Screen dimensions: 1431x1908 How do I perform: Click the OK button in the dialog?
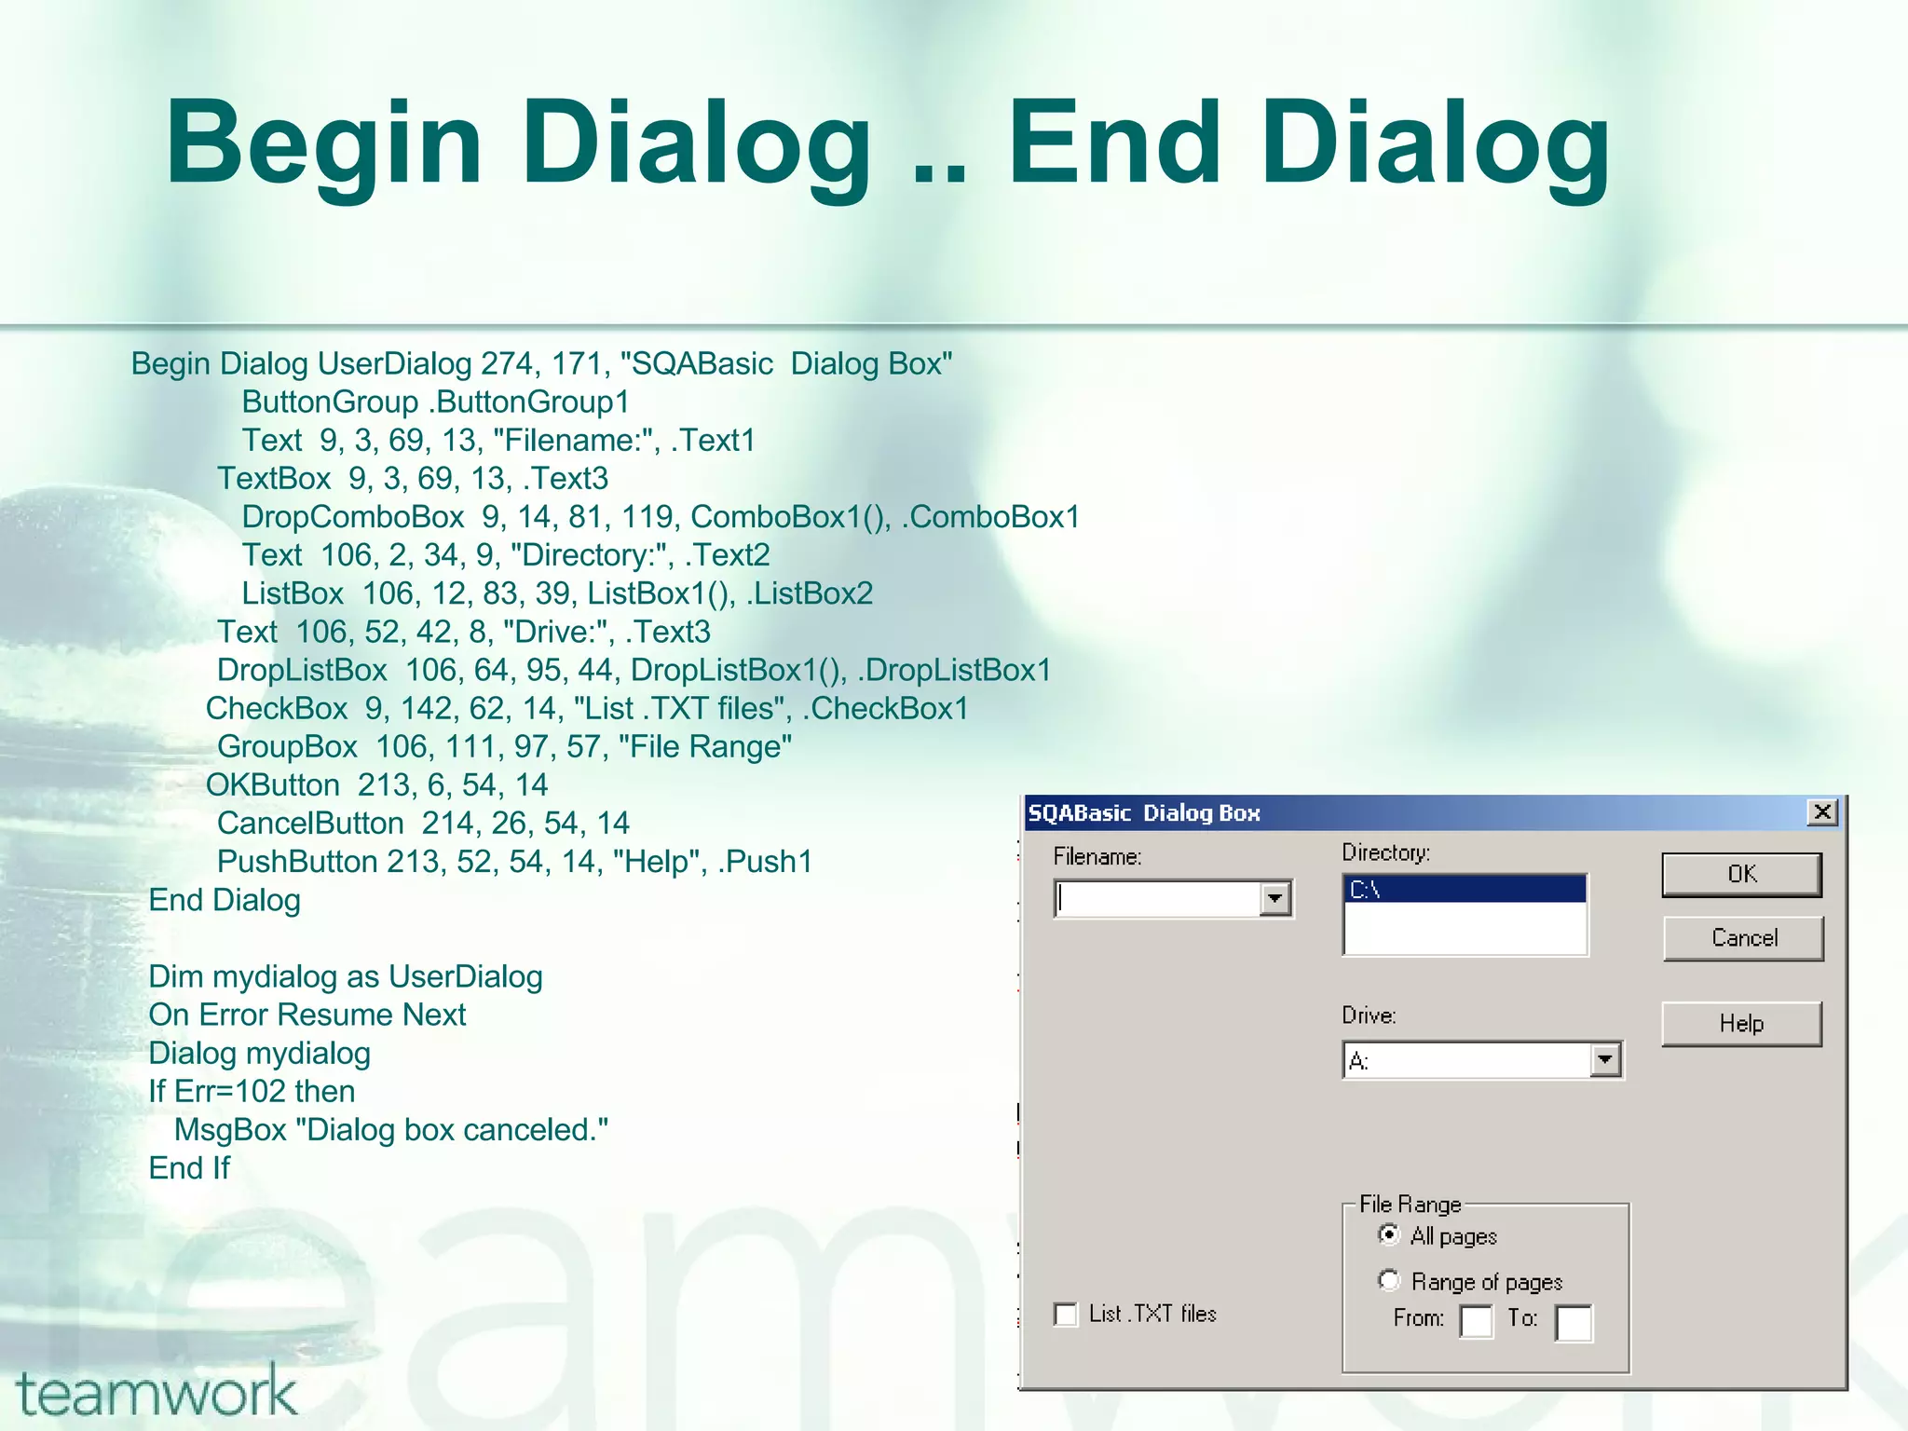(1741, 874)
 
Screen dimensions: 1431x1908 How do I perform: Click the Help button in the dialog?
(1741, 1023)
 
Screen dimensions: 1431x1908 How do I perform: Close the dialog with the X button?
(1822, 811)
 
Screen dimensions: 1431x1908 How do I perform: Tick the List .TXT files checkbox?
(1065, 1314)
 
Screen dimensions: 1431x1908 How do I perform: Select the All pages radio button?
(1389, 1234)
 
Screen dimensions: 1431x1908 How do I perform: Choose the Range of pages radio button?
(1389, 1280)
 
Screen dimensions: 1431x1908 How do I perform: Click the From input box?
(1476, 1321)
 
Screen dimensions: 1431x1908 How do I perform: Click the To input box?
(1574, 1322)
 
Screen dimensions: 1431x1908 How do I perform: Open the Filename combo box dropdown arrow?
(1274, 898)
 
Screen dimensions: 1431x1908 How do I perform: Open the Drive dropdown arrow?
(1604, 1059)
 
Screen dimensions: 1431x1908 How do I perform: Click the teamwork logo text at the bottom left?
(157, 1393)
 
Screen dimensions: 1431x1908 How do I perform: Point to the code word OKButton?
(272, 785)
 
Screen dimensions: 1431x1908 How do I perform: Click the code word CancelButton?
(310, 824)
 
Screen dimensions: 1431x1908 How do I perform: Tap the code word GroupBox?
(287, 747)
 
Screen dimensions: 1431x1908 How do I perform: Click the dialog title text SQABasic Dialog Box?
(1143, 813)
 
